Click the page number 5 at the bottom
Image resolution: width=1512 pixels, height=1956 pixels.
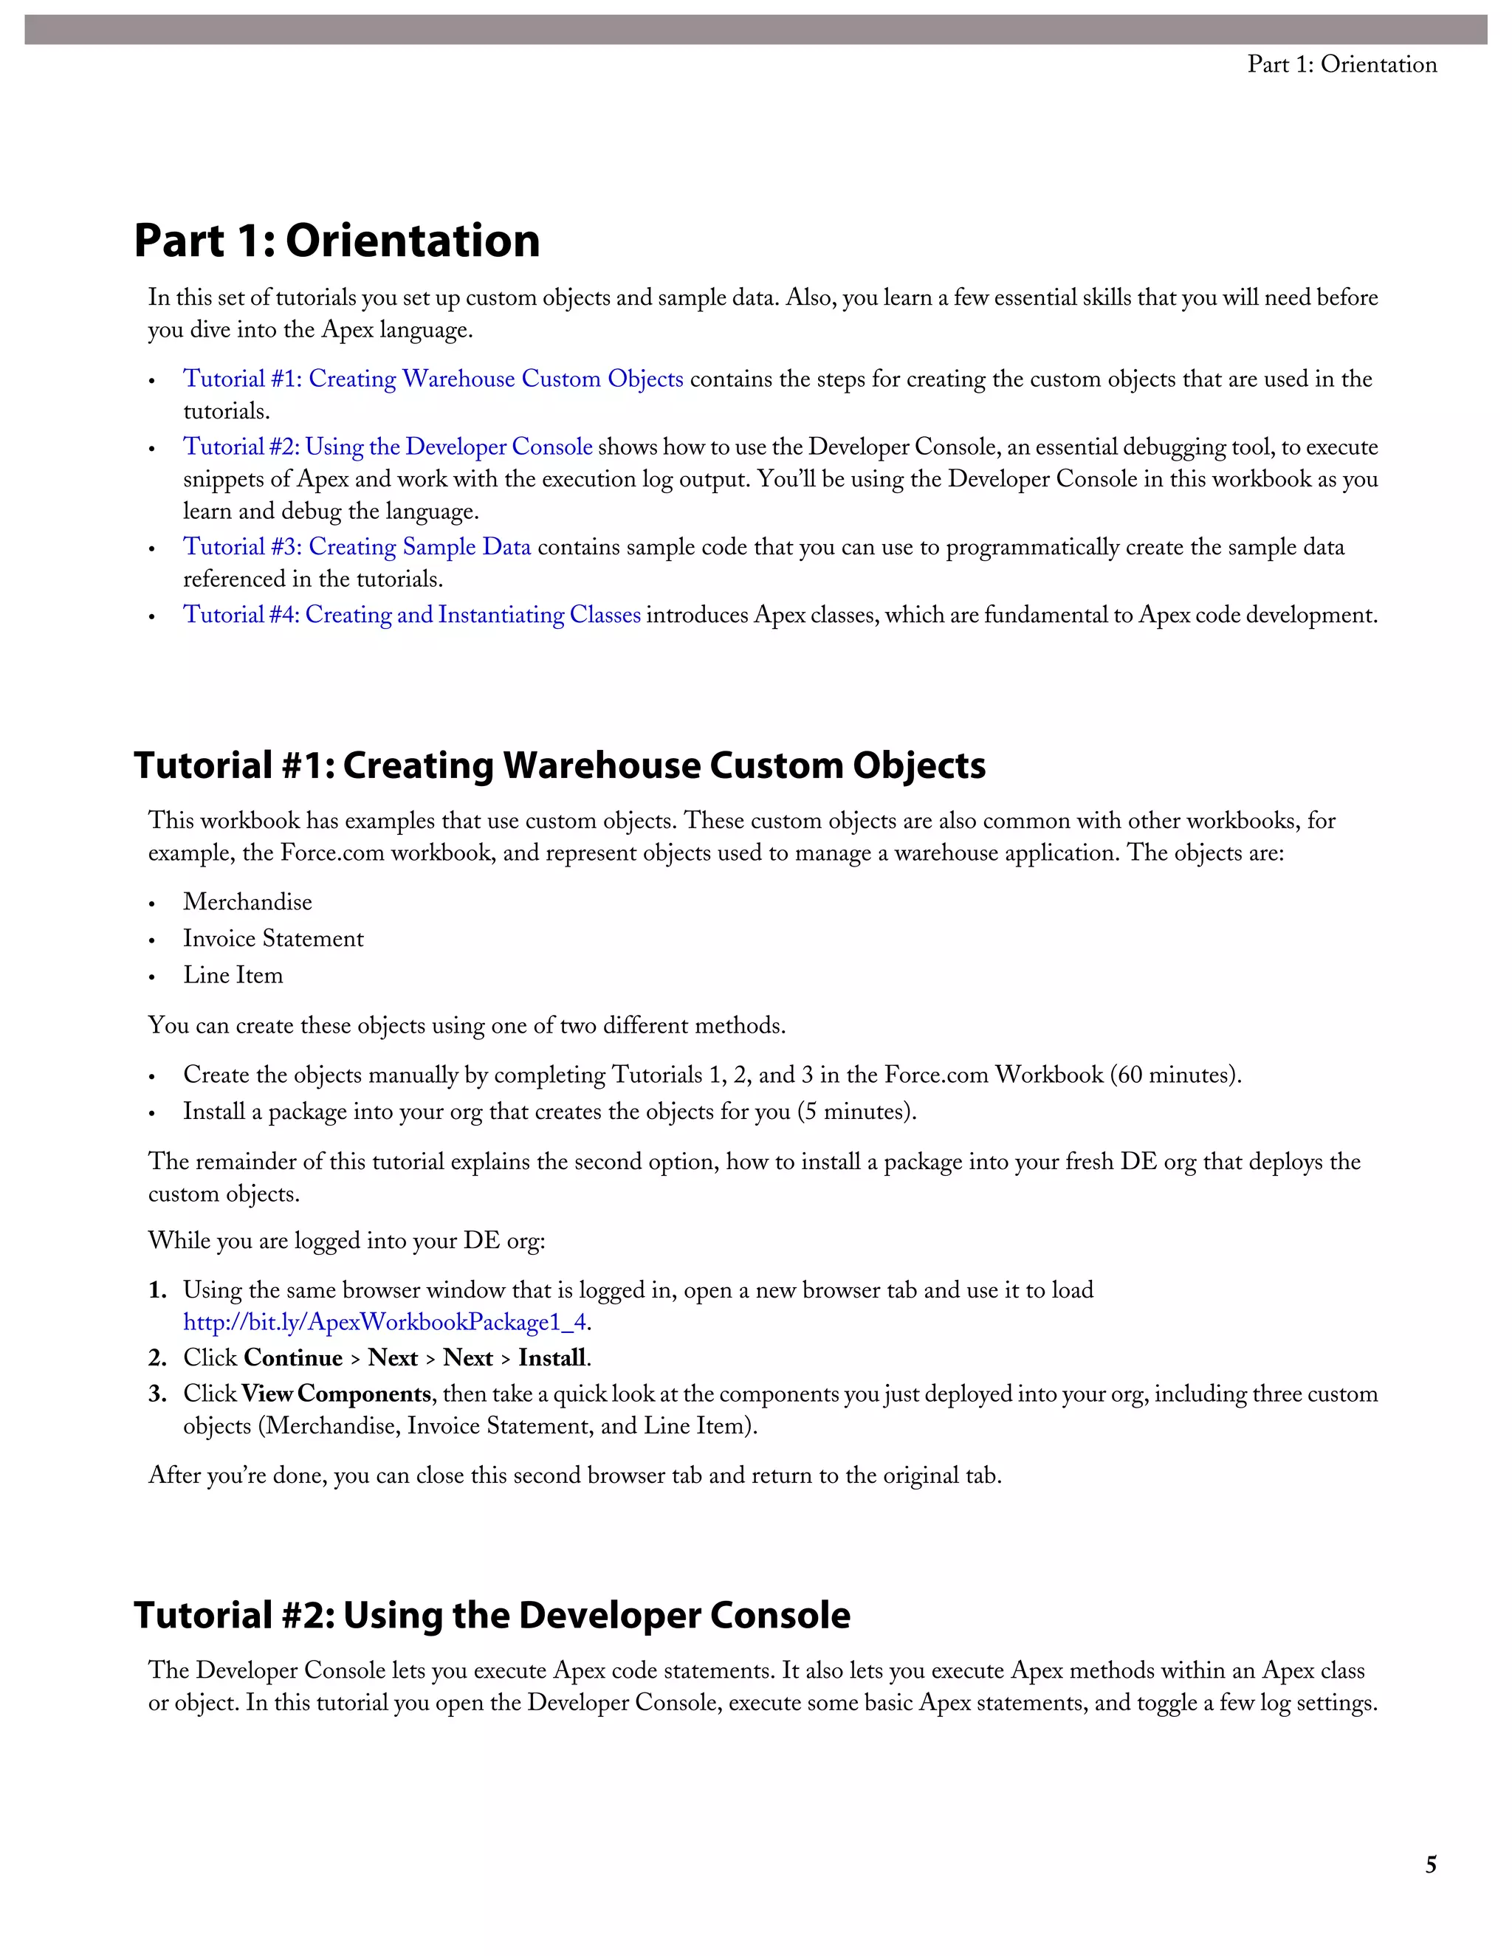point(1431,1864)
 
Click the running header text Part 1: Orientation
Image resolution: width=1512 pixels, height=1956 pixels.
point(1341,64)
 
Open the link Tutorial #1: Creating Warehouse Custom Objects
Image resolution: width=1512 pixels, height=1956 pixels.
point(433,379)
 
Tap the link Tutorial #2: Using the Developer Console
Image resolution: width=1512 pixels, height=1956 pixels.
point(387,447)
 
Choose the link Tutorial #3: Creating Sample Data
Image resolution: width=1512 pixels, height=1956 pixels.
point(357,547)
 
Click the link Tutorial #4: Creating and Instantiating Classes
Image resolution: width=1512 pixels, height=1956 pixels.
point(411,616)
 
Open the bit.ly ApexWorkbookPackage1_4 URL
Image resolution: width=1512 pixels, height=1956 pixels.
point(385,1322)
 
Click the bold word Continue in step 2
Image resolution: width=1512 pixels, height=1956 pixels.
point(293,1357)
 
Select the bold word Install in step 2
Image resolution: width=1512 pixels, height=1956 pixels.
point(551,1357)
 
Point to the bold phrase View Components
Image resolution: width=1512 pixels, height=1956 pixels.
point(336,1394)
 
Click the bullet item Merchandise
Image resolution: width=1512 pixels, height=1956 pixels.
point(247,902)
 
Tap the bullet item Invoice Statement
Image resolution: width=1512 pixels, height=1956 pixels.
point(273,939)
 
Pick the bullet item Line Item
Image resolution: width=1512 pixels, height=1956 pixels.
point(233,975)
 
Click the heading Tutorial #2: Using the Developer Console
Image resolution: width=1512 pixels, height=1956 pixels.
point(492,1615)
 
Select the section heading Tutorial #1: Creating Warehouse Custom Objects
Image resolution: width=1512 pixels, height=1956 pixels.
point(559,765)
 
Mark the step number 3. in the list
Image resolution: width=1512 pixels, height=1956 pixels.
point(158,1394)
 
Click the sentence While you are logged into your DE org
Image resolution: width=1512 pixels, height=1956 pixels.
point(347,1241)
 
